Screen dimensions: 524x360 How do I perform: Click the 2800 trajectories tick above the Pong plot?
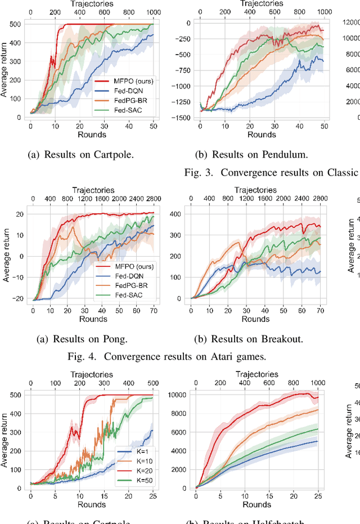tap(153, 198)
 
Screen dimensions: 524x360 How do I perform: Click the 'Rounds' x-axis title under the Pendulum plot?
tap(261, 135)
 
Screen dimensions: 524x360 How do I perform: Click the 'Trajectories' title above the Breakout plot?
tap(256, 190)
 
